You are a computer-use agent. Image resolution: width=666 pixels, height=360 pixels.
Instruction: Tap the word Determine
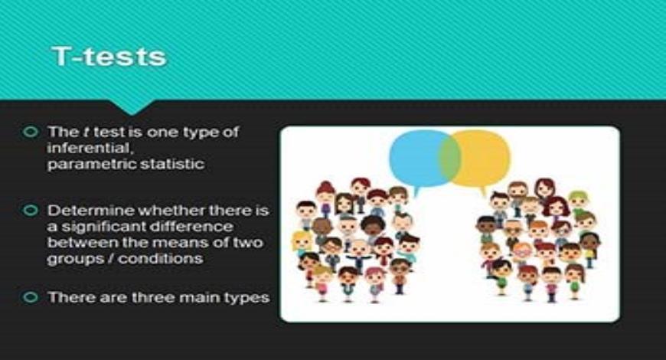[x=83, y=210]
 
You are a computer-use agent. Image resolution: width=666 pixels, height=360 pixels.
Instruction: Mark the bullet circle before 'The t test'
[x=31, y=132]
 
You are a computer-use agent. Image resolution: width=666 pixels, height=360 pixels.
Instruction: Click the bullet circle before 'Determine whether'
[x=31, y=210]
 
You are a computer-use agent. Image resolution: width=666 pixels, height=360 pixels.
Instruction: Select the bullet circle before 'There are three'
[x=31, y=296]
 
